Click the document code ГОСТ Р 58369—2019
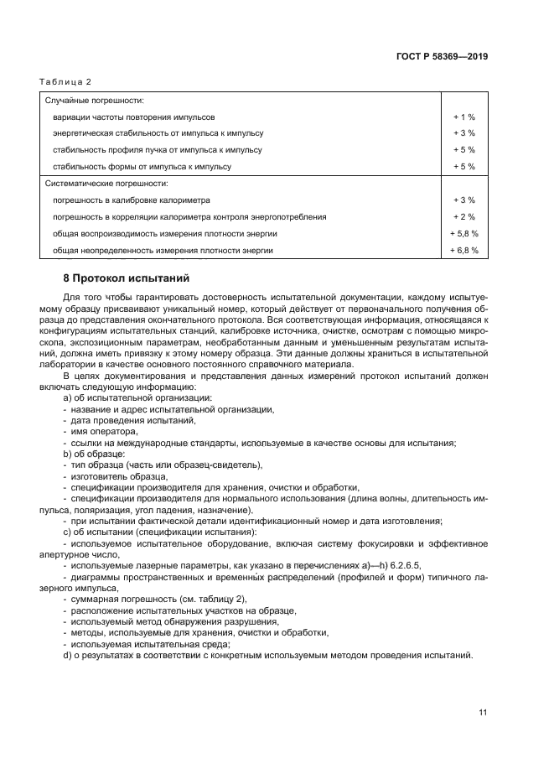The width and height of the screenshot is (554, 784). tap(442, 57)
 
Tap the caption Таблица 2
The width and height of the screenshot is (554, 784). tap(65, 81)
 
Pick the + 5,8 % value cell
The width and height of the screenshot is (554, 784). tap(463, 233)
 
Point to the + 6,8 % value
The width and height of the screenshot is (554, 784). tap(463, 250)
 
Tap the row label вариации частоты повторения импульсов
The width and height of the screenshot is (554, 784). tap(133, 117)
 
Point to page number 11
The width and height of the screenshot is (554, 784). tap(483, 713)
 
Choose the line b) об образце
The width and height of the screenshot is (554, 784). tap(93, 454)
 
